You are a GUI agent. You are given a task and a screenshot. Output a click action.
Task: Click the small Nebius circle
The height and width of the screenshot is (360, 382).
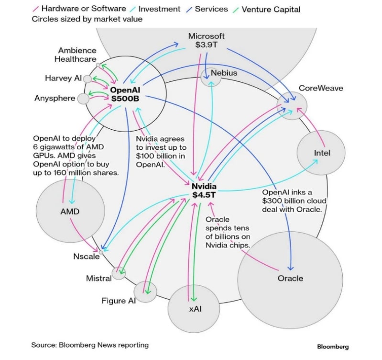point(211,76)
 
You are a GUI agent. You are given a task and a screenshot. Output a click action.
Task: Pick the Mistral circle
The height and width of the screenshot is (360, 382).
point(119,274)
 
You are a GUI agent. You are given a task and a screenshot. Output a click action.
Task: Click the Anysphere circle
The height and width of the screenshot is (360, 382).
point(83,99)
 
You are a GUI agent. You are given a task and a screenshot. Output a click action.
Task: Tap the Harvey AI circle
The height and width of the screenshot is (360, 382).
point(87,79)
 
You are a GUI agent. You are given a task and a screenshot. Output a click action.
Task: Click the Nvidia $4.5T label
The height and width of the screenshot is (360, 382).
point(204,191)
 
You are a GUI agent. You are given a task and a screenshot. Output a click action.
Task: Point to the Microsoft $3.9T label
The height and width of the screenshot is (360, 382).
point(206,41)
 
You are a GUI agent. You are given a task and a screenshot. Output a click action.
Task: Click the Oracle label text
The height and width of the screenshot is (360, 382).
point(290,278)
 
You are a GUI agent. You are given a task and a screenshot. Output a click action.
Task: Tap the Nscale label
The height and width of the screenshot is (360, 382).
point(87,256)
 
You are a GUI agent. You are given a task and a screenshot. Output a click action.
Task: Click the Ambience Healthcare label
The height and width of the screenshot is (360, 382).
point(77,55)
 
